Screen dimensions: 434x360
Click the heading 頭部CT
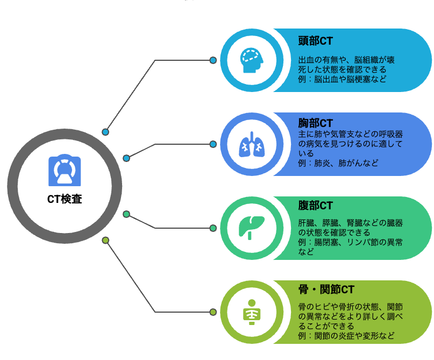[x=315, y=41]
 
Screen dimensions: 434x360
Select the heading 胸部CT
[x=315, y=123]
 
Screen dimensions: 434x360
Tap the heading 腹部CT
[x=315, y=206]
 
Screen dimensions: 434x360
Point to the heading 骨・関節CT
[x=326, y=290]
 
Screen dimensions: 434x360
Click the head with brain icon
[x=252, y=60]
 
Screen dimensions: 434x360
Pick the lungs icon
[x=252, y=144]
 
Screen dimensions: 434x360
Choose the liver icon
[x=252, y=228]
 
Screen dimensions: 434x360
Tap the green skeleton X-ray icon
[x=252, y=312]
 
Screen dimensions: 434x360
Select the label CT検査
[x=65, y=199]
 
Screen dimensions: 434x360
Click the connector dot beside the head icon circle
[x=213, y=60]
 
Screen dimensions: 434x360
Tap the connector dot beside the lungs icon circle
[x=213, y=144]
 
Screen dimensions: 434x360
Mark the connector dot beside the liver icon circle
[x=213, y=228]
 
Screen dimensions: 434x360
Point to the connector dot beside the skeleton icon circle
[x=213, y=312]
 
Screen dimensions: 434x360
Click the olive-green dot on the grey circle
[x=105, y=240]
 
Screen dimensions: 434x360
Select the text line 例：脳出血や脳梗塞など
[x=342, y=79]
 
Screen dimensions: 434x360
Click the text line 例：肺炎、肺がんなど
[x=338, y=163]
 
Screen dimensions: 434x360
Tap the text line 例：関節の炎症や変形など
[x=346, y=336]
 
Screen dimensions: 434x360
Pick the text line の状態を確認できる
[x=334, y=232]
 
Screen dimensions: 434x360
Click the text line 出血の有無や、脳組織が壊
[x=346, y=60]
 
